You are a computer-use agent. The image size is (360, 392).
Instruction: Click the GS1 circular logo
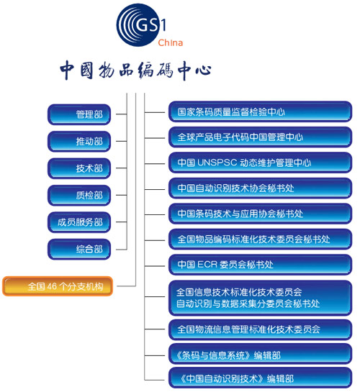point(138,24)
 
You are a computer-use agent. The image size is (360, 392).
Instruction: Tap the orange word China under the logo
point(170,42)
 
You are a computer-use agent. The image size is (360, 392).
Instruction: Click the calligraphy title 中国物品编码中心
point(135,70)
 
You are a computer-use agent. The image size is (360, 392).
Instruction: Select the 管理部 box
point(79,114)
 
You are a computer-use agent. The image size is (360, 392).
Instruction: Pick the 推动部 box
point(79,142)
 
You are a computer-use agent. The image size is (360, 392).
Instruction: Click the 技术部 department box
point(79,168)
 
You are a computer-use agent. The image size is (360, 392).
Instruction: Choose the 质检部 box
point(79,195)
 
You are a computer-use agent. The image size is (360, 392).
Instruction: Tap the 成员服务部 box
point(79,222)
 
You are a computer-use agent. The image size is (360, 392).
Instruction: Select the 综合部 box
point(79,250)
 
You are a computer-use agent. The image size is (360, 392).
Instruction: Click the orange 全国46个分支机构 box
point(58,286)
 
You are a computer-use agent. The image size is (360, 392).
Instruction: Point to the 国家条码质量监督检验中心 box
point(260,111)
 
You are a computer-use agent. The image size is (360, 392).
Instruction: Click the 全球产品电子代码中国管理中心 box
point(260,137)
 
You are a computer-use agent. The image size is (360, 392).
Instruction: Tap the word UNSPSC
point(217,163)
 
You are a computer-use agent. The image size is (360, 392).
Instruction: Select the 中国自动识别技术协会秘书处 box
point(260,188)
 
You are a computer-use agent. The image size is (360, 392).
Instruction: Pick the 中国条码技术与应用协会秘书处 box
point(260,214)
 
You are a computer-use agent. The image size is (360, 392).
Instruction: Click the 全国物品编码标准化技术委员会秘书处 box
point(260,240)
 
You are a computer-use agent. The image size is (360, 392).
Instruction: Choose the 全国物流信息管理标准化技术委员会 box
point(260,329)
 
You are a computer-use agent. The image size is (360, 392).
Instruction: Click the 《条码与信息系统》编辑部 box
point(260,355)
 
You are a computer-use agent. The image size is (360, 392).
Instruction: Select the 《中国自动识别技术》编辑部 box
point(260,378)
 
